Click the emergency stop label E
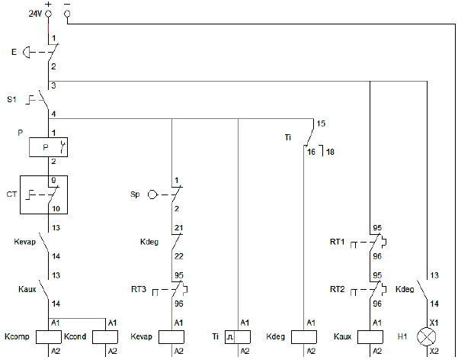click(14, 52)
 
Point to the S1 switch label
click(11, 99)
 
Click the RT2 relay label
click(338, 289)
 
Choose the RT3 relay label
click(139, 290)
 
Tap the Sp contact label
click(135, 194)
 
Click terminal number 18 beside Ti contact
click(330, 153)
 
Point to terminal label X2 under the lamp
click(434, 351)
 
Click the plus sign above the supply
click(48, 4)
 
